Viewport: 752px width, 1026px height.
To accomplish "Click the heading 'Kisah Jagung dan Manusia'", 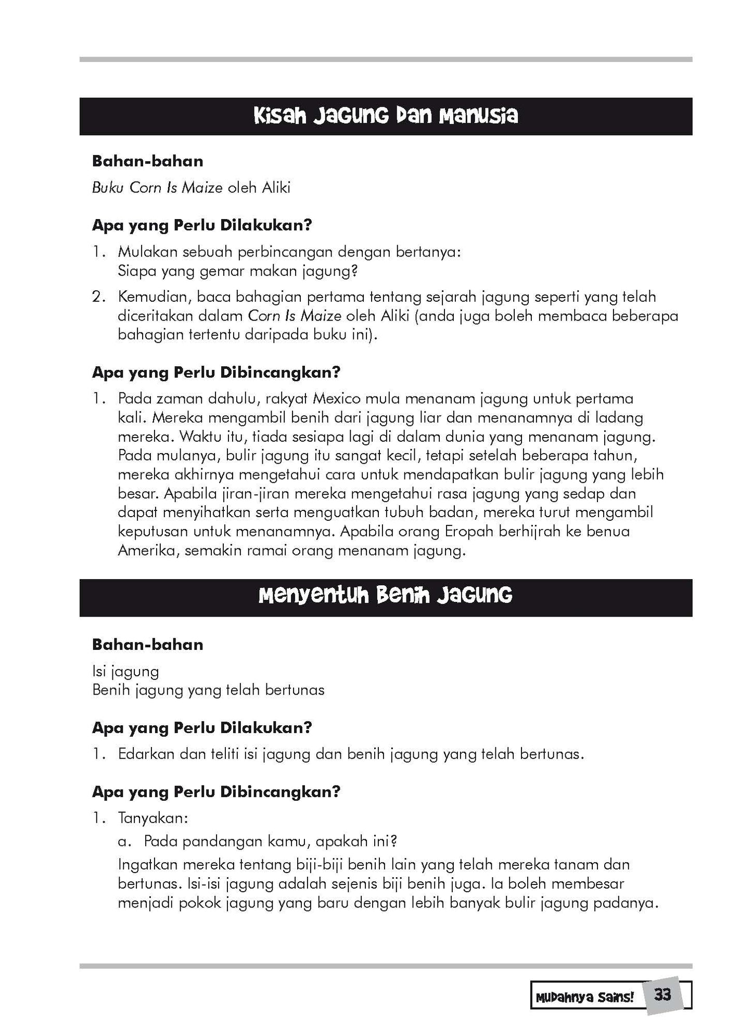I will [386, 116].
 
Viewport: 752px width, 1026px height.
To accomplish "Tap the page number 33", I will [662, 995].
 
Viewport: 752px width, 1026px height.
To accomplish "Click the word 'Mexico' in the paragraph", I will [337, 399].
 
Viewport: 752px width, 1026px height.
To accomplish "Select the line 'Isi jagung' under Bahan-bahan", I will [125, 671].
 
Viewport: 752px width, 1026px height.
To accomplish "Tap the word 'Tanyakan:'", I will [152, 818].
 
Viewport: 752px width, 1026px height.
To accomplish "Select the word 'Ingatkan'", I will [150, 865].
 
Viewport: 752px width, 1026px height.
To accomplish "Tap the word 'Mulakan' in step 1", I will [147, 252].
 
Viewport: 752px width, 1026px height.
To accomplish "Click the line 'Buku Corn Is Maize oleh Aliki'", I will [191, 187].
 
